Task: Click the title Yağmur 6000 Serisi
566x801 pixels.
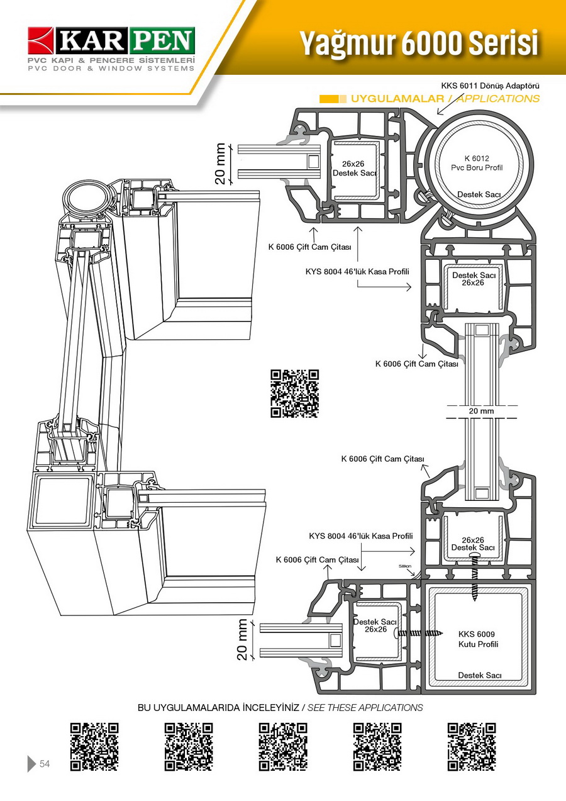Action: pyautogui.click(x=418, y=43)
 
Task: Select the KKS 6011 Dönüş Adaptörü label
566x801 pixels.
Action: pyautogui.click(x=491, y=86)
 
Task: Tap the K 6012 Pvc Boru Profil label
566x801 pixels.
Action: pyautogui.click(x=477, y=163)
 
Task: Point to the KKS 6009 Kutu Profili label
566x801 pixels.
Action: pyautogui.click(x=478, y=639)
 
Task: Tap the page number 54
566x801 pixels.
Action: pyautogui.click(x=45, y=764)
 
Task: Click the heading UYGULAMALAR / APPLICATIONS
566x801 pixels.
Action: pyautogui.click(x=445, y=99)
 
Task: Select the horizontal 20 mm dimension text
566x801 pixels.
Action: pyautogui.click(x=482, y=411)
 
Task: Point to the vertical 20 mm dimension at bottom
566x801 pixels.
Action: pyautogui.click(x=243, y=639)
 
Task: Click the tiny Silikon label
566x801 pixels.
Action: pyautogui.click(x=405, y=566)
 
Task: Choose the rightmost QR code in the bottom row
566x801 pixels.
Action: pyautogui.click(x=472, y=747)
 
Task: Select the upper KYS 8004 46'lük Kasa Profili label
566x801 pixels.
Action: pyautogui.click(x=357, y=272)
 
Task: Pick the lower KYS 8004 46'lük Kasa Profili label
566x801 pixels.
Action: pyautogui.click(x=361, y=536)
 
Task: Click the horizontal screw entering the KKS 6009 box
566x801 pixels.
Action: pyautogui.click(x=420, y=632)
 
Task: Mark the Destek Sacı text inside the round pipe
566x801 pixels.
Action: pyautogui.click(x=479, y=194)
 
